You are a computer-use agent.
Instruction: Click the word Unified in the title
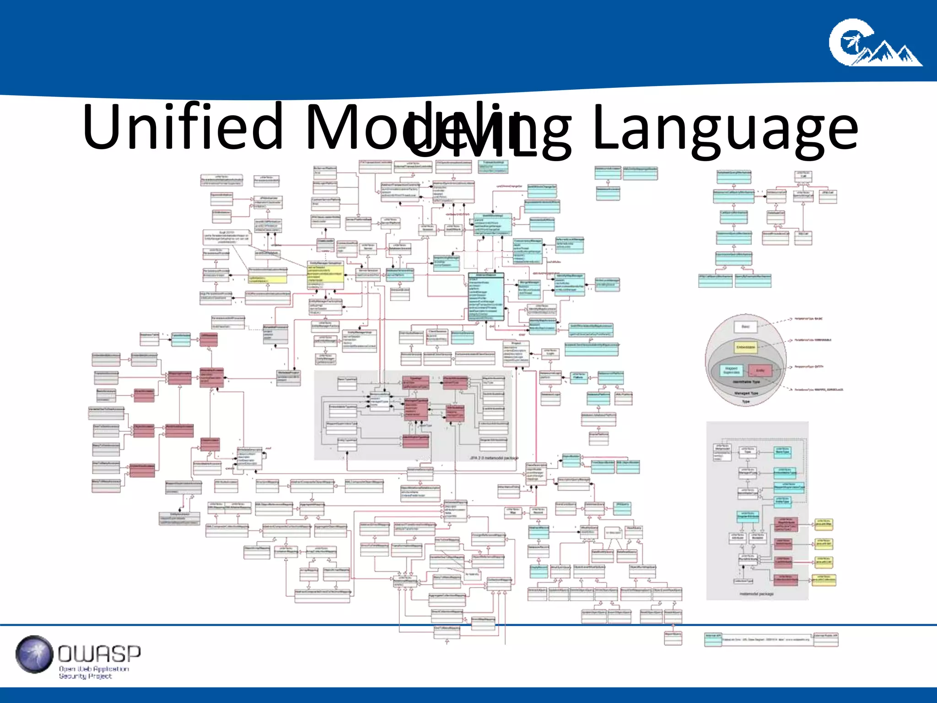click(183, 127)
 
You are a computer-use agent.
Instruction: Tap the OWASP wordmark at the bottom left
click(99, 653)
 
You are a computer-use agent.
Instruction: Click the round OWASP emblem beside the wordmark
click(34, 654)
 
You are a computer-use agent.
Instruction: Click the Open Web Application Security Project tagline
click(94, 672)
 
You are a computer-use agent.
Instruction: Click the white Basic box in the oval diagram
click(745, 327)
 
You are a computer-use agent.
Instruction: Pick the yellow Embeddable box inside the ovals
click(746, 347)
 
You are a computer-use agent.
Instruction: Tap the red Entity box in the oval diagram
click(760, 370)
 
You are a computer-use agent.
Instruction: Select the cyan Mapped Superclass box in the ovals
click(732, 370)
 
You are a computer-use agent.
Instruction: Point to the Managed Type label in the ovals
click(746, 393)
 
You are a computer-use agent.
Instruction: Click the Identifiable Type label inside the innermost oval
click(746, 382)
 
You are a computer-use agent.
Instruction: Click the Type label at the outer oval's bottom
click(746, 401)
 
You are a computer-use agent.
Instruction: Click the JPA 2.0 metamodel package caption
click(494, 458)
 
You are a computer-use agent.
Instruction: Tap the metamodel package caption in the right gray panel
click(756, 594)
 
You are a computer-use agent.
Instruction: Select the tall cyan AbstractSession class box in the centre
click(486, 297)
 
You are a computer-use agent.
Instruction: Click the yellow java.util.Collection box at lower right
click(824, 580)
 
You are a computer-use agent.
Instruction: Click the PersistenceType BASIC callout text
click(808, 319)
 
